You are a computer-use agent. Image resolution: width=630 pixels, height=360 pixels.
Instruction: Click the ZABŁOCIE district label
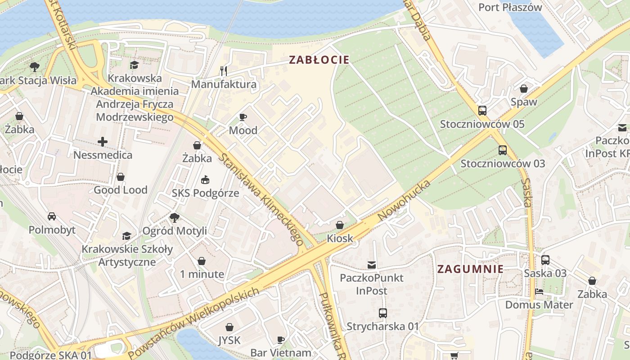[319, 60]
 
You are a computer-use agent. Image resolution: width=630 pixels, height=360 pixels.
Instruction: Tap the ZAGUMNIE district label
[470, 269]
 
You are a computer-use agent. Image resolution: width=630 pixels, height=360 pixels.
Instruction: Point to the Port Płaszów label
[510, 7]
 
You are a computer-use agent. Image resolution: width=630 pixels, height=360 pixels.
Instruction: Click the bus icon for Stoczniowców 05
[482, 110]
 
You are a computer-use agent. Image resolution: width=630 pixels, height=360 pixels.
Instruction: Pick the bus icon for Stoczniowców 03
[502, 150]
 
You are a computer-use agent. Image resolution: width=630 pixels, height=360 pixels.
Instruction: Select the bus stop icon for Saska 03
[545, 260]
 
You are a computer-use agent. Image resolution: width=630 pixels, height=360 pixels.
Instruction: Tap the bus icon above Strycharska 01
[382, 313]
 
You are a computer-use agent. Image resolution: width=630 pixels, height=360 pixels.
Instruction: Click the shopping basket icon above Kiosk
[340, 225]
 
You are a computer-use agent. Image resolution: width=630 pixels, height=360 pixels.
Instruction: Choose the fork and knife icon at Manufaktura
[224, 71]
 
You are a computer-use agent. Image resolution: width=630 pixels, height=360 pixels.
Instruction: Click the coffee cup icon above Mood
[243, 117]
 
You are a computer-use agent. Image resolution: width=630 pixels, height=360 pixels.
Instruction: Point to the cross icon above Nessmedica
[103, 142]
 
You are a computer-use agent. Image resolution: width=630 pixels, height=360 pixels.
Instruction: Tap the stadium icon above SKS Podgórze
[205, 180]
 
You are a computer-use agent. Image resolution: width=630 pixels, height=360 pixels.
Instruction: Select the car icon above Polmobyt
[52, 216]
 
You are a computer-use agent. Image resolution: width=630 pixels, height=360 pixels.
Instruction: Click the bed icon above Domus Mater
[539, 291]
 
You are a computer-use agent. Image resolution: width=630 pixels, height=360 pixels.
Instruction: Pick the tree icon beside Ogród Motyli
[175, 218]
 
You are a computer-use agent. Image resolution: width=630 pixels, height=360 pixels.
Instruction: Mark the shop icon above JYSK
[229, 327]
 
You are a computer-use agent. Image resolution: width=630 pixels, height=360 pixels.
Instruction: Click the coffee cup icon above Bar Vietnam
[281, 339]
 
